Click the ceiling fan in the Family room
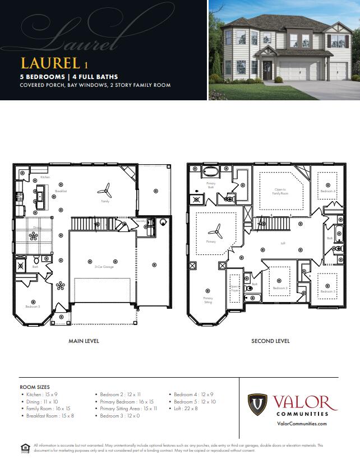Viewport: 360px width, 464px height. [105, 191]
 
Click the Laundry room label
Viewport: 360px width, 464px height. [140, 221]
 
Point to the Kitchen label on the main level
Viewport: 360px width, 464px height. [45, 177]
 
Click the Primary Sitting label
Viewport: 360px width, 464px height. [208, 300]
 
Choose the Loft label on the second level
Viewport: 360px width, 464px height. [283, 243]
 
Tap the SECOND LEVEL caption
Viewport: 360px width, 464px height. [270, 341]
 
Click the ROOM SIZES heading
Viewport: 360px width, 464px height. [35, 387]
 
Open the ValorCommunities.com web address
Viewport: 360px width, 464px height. [302, 424]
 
